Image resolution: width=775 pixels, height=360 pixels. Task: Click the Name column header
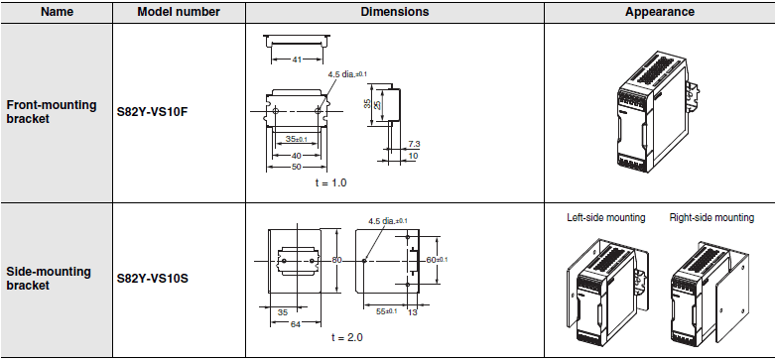point(56,12)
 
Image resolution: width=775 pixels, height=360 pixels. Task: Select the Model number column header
point(179,12)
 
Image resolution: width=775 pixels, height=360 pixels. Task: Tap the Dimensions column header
point(394,12)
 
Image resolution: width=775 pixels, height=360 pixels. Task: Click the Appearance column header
point(659,12)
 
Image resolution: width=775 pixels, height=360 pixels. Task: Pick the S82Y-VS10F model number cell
point(152,112)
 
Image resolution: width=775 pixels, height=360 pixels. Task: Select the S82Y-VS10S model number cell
point(152,279)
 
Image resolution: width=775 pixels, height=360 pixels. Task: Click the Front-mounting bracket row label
point(52,112)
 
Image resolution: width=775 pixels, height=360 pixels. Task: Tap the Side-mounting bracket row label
point(49,279)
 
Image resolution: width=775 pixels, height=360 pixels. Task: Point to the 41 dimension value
point(297,60)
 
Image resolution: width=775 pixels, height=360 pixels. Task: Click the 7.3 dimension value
point(414,144)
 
